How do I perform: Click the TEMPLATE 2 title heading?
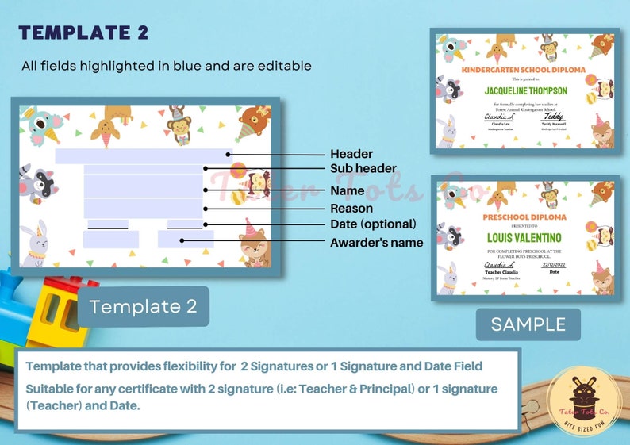[83, 33]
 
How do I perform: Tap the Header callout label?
[351, 154]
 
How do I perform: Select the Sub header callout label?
[363, 169]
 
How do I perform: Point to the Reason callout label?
[351, 209]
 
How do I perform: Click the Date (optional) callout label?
[373, 224]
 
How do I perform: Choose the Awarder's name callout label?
[376, 242]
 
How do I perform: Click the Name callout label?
[348, 190]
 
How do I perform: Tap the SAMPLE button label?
[528, 324]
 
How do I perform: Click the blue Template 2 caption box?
[143, 306]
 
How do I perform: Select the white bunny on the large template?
[34, 244]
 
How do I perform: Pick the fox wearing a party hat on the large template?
[254, 247]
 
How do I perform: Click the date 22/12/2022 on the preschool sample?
[553, 265]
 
